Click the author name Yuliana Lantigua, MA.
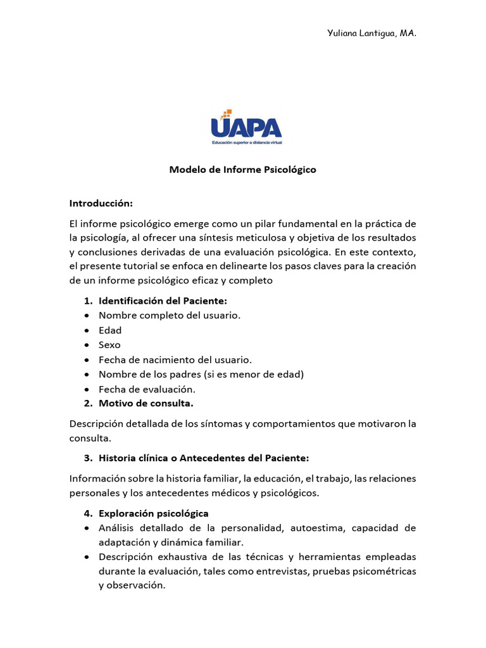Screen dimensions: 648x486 [x=371, y=33]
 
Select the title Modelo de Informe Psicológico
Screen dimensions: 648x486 [x=242, y=170]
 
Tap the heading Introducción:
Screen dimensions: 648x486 [x=101, y=203]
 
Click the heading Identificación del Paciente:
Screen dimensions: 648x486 [x=163, y=301]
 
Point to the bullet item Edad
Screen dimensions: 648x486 [x=110, y=330]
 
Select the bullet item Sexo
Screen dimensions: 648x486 [x=109, y=345]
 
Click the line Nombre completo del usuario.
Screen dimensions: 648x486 [x=170, y=315]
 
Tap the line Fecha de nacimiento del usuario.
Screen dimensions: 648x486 [x=175, y=359]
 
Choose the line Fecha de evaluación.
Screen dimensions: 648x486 [x=147, y=389]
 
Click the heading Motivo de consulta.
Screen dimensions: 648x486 [x=146, y=403]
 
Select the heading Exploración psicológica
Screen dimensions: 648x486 [x=154, y=513]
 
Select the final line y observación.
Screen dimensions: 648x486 [x=132, y=585]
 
